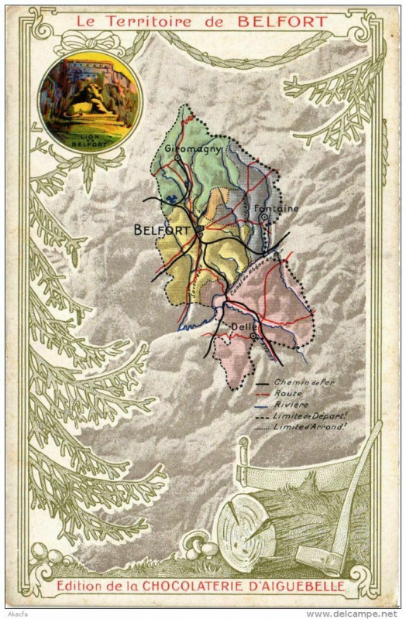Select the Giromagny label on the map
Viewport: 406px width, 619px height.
[x=193, y=149]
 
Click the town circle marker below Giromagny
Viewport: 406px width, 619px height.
[x=178, y=158]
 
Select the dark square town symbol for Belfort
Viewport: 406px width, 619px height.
[x=199, y=229]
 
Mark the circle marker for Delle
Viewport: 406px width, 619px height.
[x=253, y=336]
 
